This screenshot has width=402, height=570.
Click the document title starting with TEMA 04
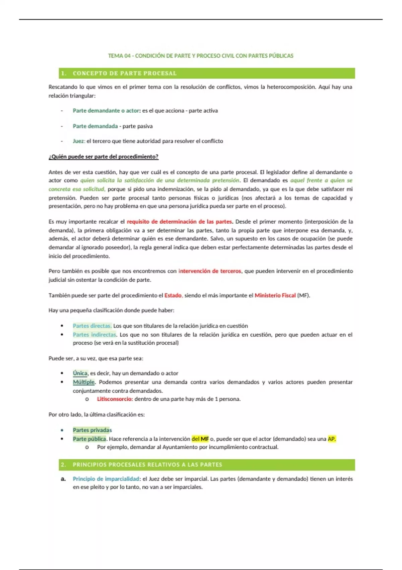coord(200,56)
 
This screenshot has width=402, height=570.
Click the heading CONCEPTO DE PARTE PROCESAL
coord(124,73)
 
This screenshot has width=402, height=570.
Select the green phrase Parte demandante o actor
coord(106,111)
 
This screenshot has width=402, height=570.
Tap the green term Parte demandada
coord(95,126)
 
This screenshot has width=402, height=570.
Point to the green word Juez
coord(79,141)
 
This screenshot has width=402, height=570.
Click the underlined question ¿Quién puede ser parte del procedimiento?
coord(103,157)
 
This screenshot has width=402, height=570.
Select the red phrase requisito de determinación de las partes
coord(179,222)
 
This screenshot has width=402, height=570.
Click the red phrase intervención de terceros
coord(210,271)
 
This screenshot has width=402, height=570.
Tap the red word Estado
coord(173,295)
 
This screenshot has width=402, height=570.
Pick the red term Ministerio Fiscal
coord(275,295)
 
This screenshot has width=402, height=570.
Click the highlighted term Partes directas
coord(92,326)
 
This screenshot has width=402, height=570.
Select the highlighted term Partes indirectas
coord(94,334)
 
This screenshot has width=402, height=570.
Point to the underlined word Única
coord(80,373)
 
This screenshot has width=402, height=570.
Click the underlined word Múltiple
coord(84,382)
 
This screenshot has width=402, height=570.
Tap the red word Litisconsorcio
coord(115,399)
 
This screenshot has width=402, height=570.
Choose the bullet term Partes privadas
coord(92,430)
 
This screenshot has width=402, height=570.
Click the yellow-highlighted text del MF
coord(200,439)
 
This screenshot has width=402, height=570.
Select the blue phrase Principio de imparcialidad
coord(106,479)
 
